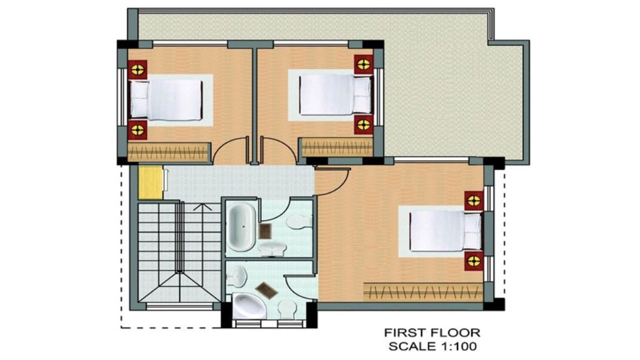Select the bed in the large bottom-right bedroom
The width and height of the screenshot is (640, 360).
point(445,231)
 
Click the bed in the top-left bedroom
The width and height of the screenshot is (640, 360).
point(166,99)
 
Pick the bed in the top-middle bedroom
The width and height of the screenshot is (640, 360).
point(335,94)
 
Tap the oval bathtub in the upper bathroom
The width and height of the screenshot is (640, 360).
point(241,227)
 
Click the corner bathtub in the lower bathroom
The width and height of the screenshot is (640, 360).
point(249,306)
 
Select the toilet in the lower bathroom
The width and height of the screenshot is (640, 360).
point(287,309)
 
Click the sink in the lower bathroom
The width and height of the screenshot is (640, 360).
point(237,276)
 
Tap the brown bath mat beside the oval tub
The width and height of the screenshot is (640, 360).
point(265,231)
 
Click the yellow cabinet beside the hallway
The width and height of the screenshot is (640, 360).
point(150,182)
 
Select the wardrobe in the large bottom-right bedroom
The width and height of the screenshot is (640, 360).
point(423,292)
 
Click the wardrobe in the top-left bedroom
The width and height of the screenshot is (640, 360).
point(168,152)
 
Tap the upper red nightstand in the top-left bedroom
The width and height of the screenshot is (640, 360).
point(137,69)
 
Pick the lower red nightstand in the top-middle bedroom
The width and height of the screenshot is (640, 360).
point(363,124)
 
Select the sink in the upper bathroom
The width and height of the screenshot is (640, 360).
point(272,249)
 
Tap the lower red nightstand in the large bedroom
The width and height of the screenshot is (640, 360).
point(473,261)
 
